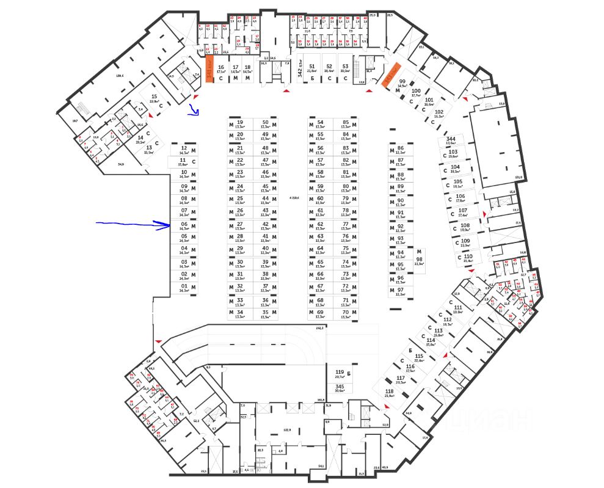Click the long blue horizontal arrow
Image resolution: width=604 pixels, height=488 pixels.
(x=134, y=225)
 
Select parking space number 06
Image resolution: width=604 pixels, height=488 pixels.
(x=183, y=225)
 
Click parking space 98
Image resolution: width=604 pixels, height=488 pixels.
(x=419, y=259)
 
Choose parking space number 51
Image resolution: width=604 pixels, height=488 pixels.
(x=311, y=68)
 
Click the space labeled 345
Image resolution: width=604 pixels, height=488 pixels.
(x=340, y=388)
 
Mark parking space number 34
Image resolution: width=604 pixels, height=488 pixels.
(x=239, y=314)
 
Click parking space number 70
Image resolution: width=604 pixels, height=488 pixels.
(x=346, y=314)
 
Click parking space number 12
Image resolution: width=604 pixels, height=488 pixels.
(x=183, y=150)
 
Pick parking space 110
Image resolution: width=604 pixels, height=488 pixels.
(x=468, y=258)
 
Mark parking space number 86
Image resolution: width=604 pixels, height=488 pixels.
(x=401, y=150)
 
